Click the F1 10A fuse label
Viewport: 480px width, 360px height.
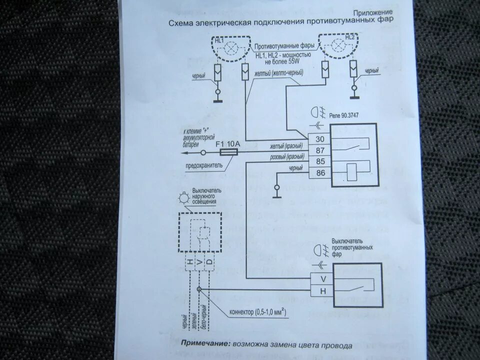228,143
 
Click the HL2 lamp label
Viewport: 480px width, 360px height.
349,37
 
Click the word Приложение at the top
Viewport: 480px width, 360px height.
372,12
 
